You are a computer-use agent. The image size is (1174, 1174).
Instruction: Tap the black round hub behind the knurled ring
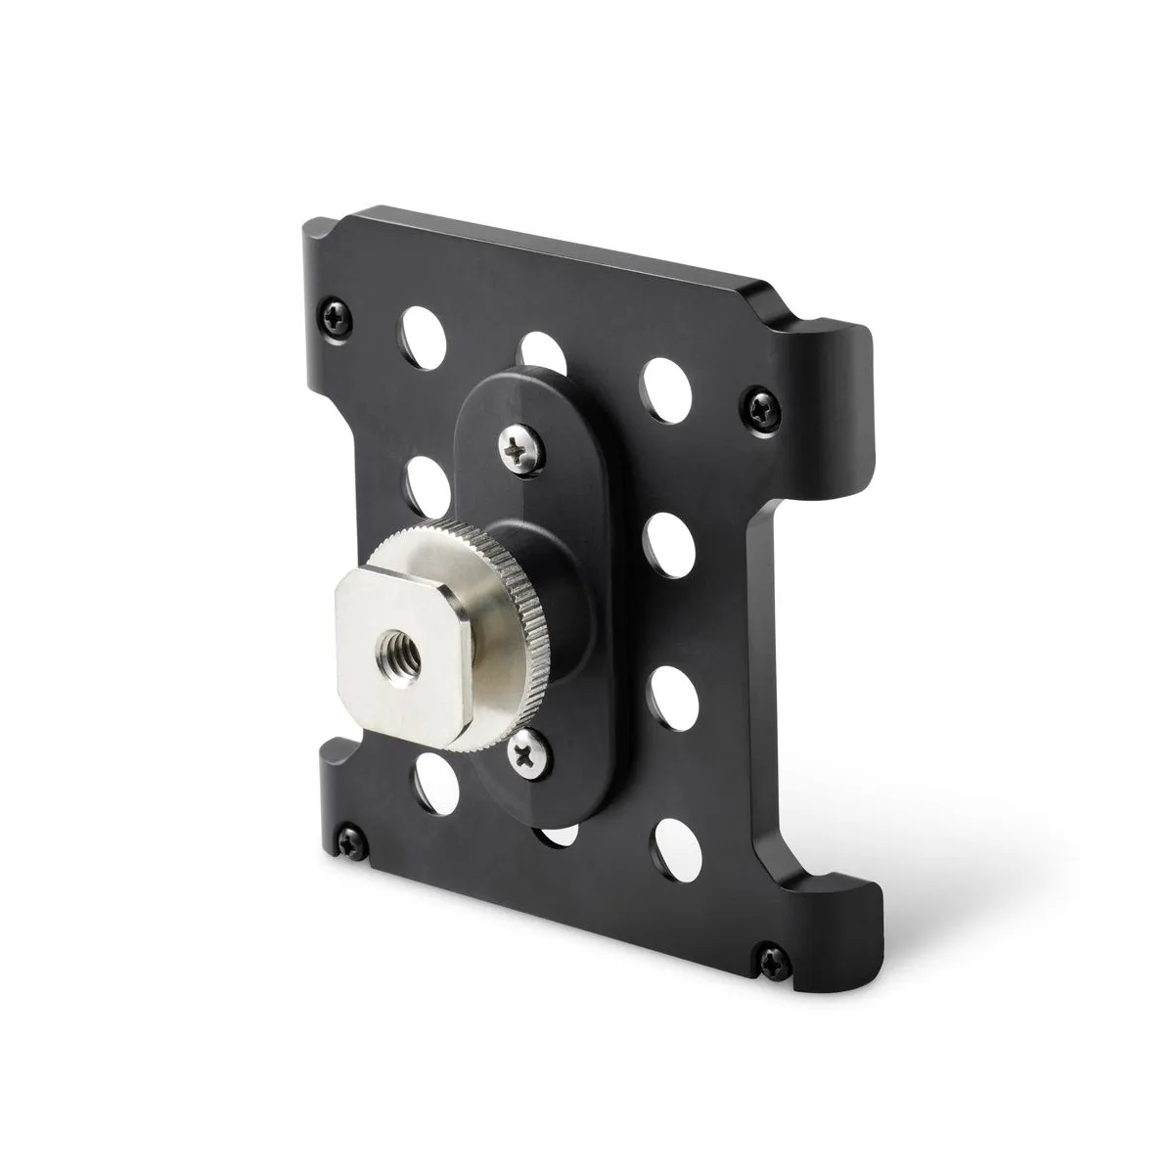point(543,587)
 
